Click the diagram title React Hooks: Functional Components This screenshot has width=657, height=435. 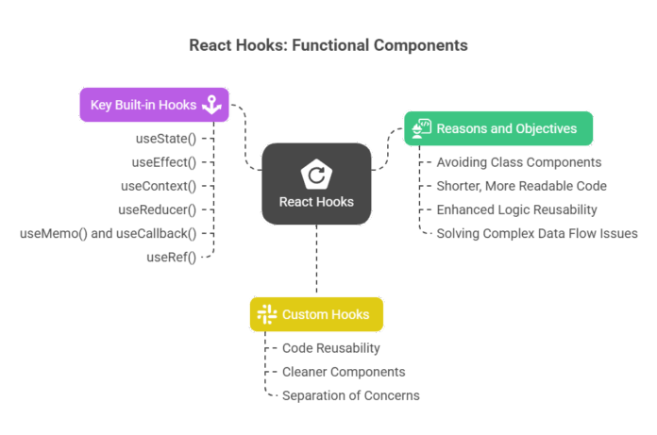(328, 45)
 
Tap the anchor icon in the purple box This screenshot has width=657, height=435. (211, 105)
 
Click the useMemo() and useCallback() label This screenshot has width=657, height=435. (108, 233)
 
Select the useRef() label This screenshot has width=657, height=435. (171, 257)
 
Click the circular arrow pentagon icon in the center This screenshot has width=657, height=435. (315, 175)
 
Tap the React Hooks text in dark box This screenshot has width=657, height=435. (316, 202)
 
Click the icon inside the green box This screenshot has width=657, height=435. (423, 128)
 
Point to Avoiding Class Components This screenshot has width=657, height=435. (518, 162)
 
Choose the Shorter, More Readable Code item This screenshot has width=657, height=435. (521, 186)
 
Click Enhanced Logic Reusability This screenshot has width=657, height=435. (517, 209)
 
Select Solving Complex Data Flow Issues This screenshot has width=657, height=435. (536, 233)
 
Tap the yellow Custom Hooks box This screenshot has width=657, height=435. (316, 314)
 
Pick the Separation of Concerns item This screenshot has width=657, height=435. (350, 395)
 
